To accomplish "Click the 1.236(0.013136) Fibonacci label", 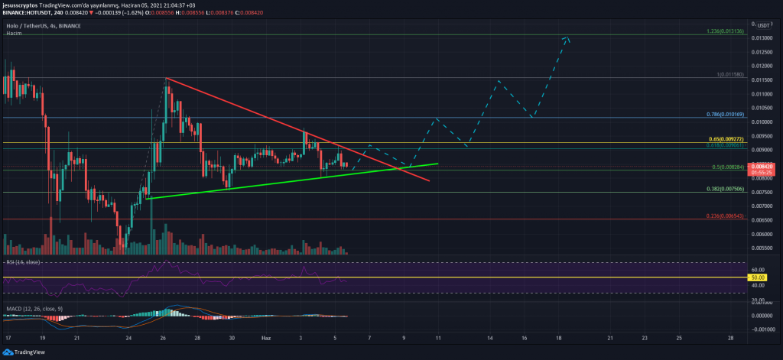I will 725,31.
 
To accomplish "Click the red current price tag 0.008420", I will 762,167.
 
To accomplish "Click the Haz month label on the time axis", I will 266,337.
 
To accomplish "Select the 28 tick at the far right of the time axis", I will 732,337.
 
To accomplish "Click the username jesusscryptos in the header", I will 21,5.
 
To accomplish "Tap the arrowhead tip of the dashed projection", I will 567,37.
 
